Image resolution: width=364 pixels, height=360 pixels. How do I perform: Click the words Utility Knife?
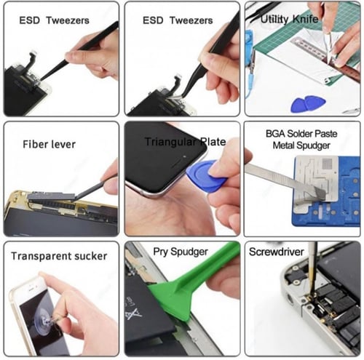[x=289, y=19]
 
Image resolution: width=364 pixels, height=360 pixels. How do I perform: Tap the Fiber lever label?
[x=49, y=144]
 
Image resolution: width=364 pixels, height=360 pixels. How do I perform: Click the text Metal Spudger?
[x=301, y=145]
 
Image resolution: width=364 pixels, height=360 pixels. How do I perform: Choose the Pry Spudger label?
[x=181, y=252]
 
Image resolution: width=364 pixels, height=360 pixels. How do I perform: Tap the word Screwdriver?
[x=276, y=252]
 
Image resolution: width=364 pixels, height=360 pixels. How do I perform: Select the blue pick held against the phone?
[x=206, y=176]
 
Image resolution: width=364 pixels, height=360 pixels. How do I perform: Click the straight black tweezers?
[x=79, y=51]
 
